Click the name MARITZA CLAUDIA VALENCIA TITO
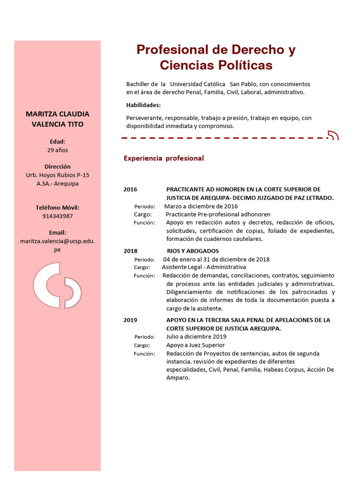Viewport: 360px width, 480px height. (57, 119)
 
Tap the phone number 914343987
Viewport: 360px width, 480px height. (57, 216)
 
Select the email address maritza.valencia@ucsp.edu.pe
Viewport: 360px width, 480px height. (57, 245)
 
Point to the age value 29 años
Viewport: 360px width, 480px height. (57, 150)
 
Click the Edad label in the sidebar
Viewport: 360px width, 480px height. (57, 142)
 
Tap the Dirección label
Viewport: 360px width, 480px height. (57, 166)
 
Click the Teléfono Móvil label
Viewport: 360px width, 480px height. (57, 208)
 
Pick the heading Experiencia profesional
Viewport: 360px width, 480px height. (164, 158)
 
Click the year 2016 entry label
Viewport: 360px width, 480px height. (130, 189)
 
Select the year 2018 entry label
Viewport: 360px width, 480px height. (130, 251)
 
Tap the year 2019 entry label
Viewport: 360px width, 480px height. (130, 320)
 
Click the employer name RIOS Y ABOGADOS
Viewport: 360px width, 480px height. (193, 251)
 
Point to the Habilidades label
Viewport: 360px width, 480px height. (143, 105)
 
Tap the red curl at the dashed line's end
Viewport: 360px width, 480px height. (333, 136)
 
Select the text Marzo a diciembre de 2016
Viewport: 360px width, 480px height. (201, 206)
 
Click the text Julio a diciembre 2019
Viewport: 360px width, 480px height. (196, 337)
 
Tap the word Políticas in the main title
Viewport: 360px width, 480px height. (242, 65)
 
